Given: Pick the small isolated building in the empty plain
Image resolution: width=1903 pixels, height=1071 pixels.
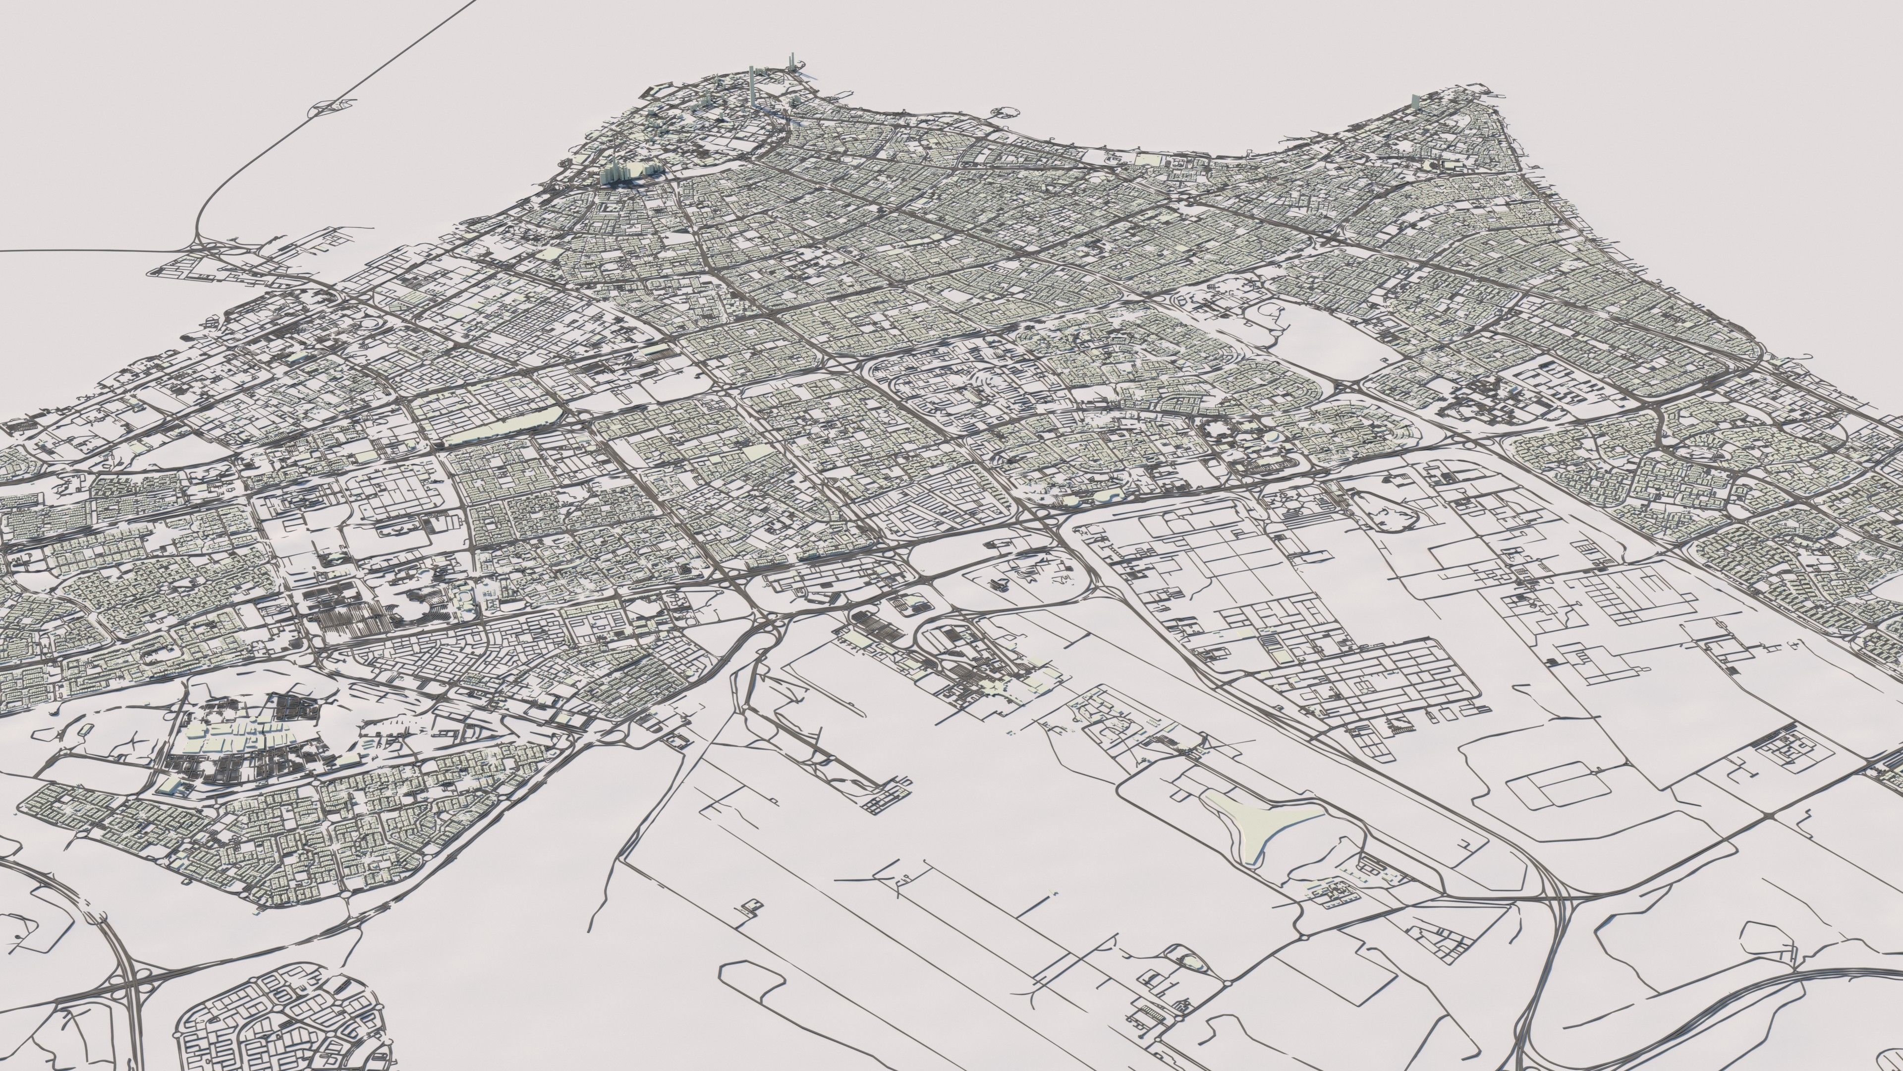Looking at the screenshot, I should click(x=753, y=908).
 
